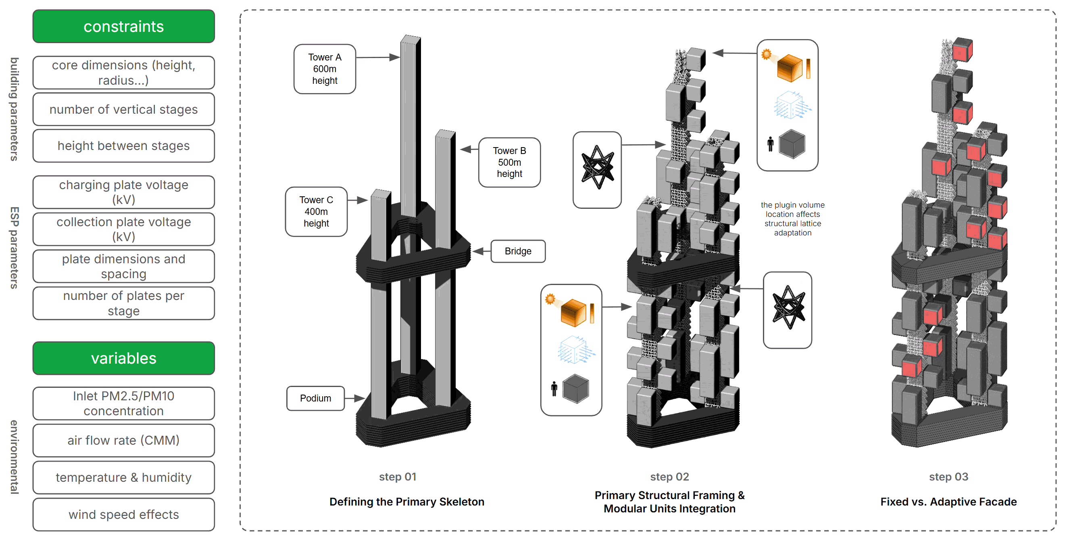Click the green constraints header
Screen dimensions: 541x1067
(123, 27)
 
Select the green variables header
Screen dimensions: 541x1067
(123, 358)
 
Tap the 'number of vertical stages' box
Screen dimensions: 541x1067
(123, 109)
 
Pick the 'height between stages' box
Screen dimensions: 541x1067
(123, 146)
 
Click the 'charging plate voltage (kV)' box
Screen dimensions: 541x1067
(123, 192)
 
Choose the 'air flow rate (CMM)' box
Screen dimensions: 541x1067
(123, 440)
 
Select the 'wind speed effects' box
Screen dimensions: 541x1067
(123, 514)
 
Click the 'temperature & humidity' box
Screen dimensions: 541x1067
(123, 478)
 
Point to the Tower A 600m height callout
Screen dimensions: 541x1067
(325, 69)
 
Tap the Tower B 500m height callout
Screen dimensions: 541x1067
(509, 162)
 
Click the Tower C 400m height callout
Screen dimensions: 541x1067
(316, 212)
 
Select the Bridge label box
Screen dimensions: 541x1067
(518, 252)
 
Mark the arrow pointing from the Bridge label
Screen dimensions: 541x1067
(481, 252)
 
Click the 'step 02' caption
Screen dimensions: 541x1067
(669, 477)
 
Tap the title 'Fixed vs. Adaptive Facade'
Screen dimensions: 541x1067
(948, 502)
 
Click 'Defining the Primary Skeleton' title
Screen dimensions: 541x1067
(406, 502)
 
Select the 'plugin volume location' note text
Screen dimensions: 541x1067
(792, 219)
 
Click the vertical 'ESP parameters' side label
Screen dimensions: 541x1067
(15, 248)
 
